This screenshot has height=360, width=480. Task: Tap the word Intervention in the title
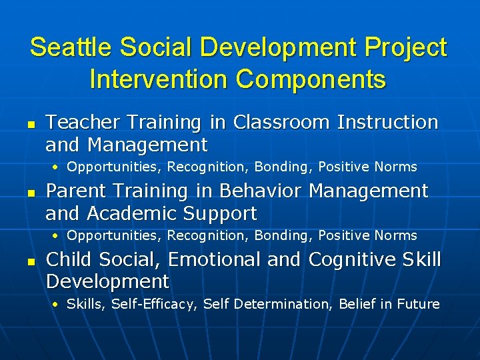158,79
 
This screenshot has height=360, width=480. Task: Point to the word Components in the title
311,79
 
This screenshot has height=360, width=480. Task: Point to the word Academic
133,213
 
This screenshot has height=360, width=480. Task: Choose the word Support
221,213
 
